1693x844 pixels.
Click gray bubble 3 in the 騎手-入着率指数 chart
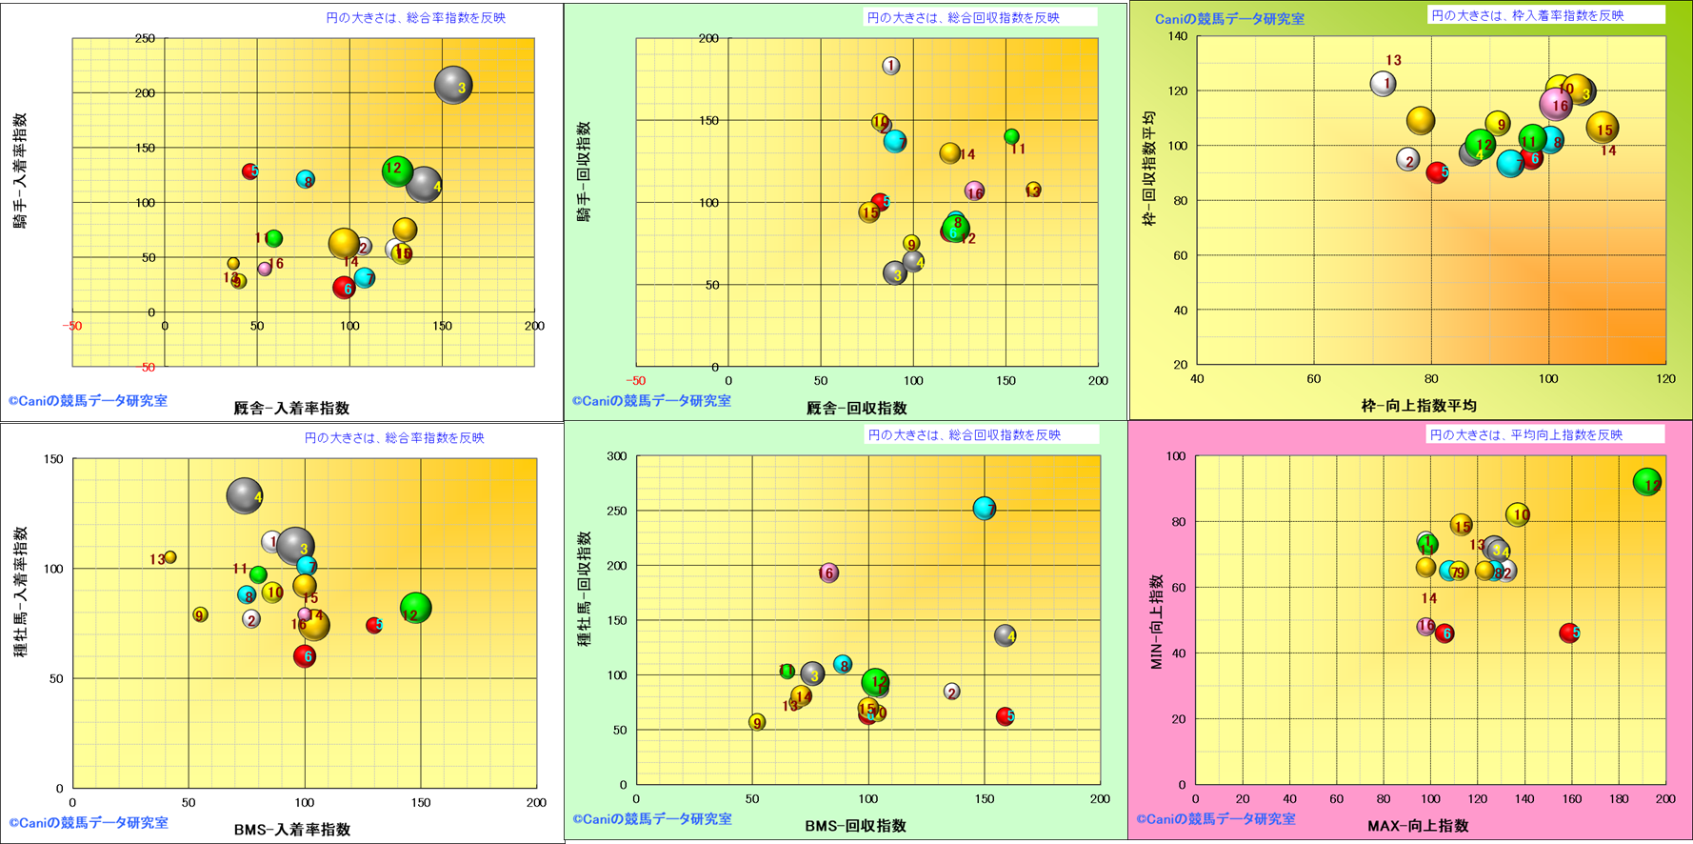(453, 86)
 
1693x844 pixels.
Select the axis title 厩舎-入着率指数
(291, 408)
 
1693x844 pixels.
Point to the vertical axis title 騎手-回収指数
(584, 171)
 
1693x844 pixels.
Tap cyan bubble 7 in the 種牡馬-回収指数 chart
(985, 509)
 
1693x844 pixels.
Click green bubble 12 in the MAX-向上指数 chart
(1646, 482)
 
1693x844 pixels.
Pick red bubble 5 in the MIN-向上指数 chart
(1568, 633)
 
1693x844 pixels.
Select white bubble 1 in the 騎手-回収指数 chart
(890, 66)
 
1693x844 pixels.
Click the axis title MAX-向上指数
(1418, 826)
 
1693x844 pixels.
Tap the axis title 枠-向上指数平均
(1418, 405)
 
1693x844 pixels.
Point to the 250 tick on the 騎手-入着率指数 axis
(145, 39)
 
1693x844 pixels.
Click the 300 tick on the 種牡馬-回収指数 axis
(616, 456)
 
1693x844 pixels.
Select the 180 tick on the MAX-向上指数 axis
(1618, 799)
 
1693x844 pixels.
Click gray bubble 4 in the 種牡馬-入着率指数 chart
(245, 495)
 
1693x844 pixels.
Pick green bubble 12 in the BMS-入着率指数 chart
(415, 608)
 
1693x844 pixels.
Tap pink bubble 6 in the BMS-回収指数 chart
(828, 573)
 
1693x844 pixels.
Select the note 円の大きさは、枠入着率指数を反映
(1527, 15)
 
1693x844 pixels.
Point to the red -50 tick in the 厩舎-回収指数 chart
(635, 381)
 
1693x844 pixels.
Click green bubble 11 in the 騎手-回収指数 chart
(1011, 137)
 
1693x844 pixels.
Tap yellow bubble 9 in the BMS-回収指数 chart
(757, 722)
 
